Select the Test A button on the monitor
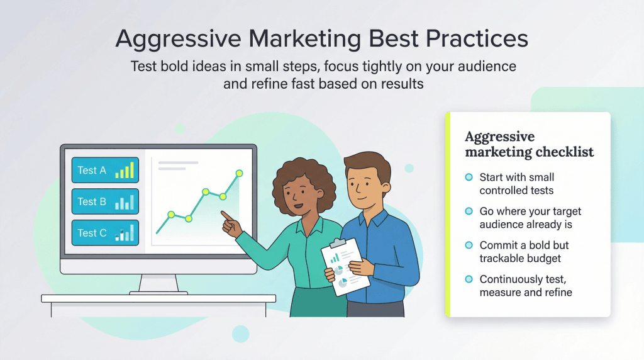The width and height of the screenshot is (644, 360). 105,170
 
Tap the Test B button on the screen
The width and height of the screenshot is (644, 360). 105,201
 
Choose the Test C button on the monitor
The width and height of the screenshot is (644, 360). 105,233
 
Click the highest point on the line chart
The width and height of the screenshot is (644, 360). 239,173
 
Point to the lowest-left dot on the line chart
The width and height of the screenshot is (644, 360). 170,215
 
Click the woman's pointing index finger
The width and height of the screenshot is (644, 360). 224,214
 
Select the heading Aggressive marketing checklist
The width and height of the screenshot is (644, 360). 528,144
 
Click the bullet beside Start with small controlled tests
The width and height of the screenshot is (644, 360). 469,177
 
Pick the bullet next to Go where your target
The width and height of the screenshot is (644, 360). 469,211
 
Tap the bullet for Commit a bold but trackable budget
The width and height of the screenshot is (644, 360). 469,245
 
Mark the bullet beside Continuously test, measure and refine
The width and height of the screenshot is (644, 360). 469,279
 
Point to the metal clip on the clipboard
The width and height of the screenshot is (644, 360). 338,242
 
